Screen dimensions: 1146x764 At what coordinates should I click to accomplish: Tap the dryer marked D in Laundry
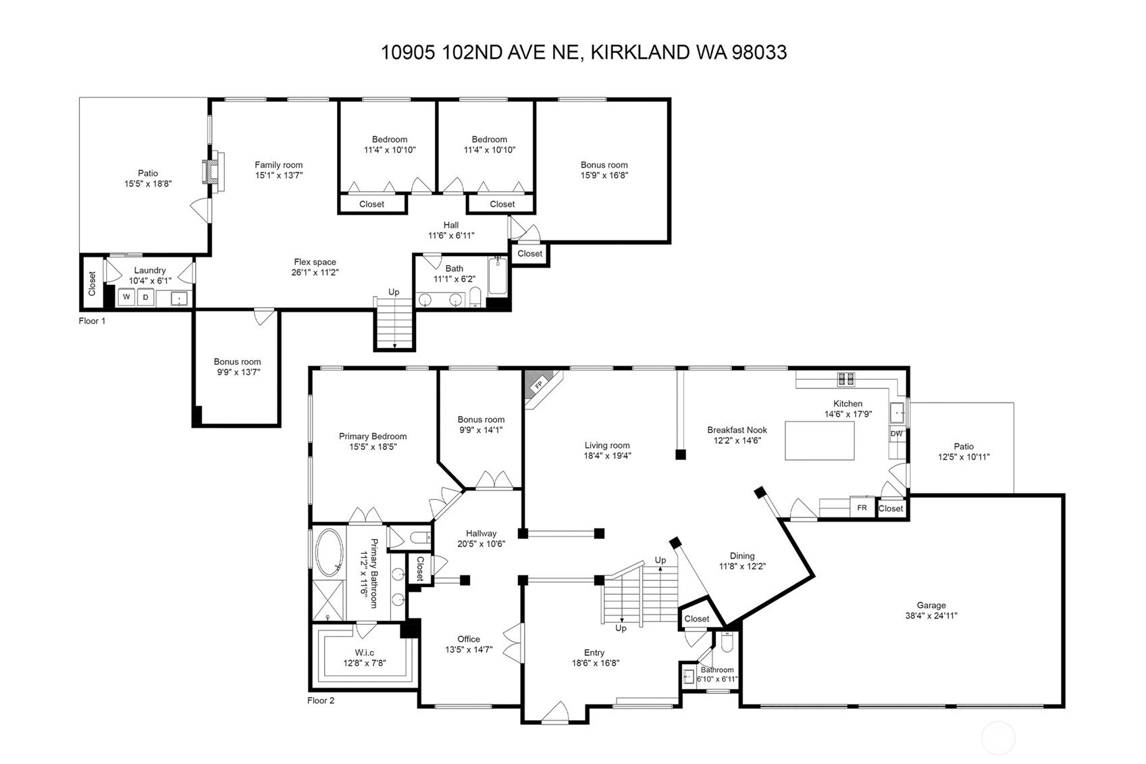pyautogui.click(x=146, y=297)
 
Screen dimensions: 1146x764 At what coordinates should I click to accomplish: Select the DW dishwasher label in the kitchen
pyautogui.click(x=896, y=434)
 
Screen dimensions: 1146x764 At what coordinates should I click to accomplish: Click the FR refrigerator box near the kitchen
pyautogui.click(x=862, y=507)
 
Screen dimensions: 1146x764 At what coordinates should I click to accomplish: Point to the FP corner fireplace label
pyautogui.click(x=538, y=384)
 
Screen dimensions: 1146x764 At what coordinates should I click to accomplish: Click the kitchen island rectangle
pyautogui.click(x=820, y=440)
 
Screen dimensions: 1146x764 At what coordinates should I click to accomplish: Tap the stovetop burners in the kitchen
pyautogui.click(x=845, y=379)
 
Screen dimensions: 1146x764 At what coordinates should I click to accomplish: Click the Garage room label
pyautogui.click(x=931, y=605)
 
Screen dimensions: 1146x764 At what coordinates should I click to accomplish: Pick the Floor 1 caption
pyautogui.click(x=92, y=321)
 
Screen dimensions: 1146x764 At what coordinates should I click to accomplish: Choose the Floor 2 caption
pyautogui.click(x=321, y=701)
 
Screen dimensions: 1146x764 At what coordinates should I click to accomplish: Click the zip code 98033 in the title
pyautogui.click(x=759, y=52)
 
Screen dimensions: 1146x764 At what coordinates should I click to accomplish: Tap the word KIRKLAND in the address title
pyautogui.click(x=640, y=52)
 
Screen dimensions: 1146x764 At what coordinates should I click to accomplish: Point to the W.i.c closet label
pyautogui.click(x=364, y=653)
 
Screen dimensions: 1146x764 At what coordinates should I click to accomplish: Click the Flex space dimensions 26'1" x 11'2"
pyautogui.click(x=315, y=272)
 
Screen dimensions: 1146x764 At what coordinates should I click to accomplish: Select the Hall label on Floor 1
pyautogui.click(x=451, y=225)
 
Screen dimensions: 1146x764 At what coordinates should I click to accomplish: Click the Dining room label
pyautogui.click(x=742, y=556)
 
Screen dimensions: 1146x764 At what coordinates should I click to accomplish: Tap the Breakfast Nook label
pyautogui.click(x=737, y=430)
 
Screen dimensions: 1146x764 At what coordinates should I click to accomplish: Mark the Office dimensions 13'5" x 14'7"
pyautogui.click(x=469, y=649)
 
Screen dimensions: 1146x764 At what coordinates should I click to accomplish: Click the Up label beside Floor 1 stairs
pyautogui.click(x=394, y=292)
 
